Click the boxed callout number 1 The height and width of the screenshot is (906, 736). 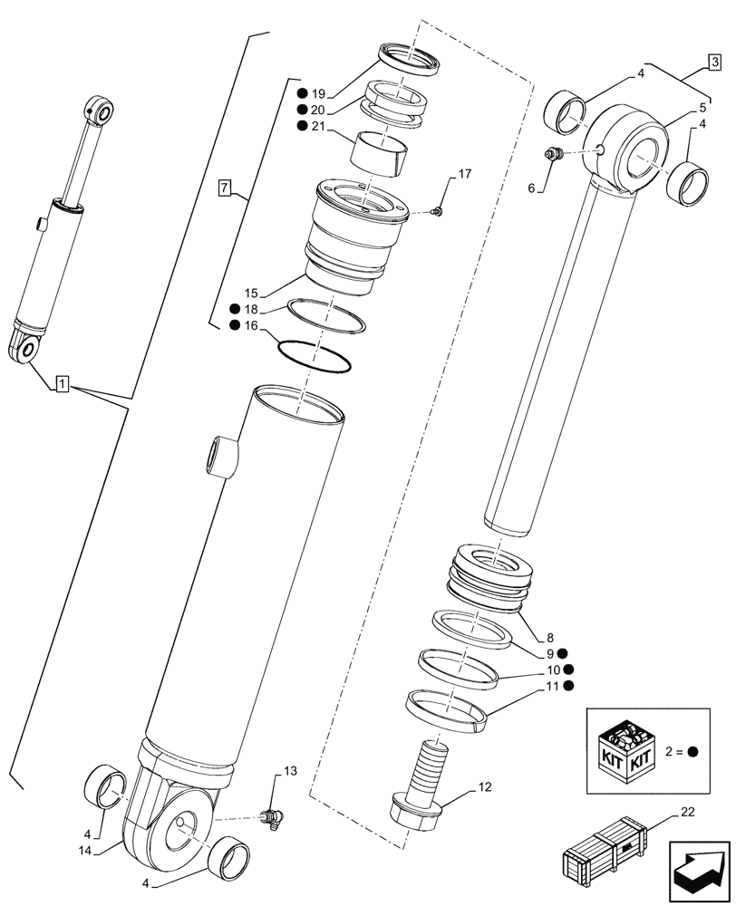pos(61,383)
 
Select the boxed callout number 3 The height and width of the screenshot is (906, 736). pos(714,63)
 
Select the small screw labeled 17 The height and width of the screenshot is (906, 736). pos(437,212)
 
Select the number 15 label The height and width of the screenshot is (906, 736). pos(252,293)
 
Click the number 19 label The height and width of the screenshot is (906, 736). pos(319,93)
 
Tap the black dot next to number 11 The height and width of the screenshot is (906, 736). pos(567,687)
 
